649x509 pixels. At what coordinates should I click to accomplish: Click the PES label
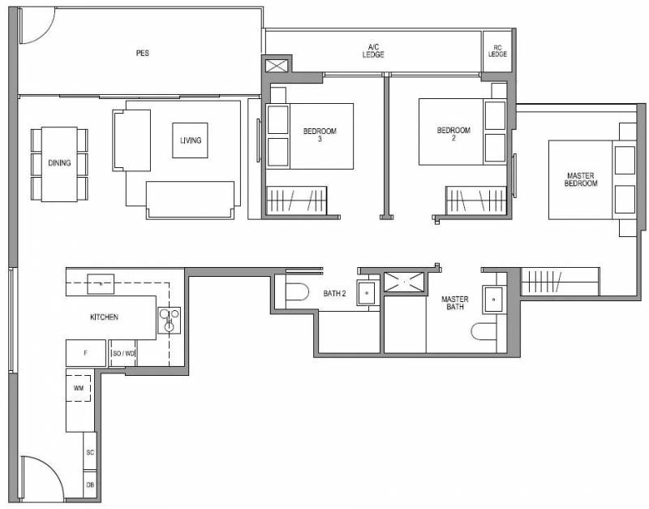click(143, 53)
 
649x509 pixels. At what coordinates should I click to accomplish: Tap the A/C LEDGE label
click(373, 51)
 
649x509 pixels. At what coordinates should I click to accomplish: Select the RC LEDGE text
click(497, 51)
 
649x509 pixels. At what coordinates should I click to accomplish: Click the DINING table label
click(59, 162)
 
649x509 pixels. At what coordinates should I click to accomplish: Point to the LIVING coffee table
click(190, 140)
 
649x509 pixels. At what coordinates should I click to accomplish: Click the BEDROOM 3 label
click(320, 135)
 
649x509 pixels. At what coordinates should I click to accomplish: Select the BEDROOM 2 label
click(453, 134)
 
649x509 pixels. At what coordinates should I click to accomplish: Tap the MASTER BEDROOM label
click(581, 179)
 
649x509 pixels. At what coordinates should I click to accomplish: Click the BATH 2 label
click(334, 294)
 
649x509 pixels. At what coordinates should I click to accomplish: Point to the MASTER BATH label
click(455, 303)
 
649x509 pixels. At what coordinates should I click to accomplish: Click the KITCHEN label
click(104, 317)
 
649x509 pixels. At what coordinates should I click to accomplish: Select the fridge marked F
click(86, 353)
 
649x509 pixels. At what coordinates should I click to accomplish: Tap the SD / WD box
click(123, 353)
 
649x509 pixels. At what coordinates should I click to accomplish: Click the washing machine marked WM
click(79, 388)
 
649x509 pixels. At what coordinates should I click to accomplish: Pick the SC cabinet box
click(90, 452)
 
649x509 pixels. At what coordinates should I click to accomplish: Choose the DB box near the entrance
click(90, 485)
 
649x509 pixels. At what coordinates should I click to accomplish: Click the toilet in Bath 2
click(297, 291)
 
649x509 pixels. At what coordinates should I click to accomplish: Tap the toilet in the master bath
click(484, 331)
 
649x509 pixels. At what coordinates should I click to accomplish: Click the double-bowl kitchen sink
click(170, 320)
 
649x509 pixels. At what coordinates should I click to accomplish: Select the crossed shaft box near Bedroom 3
click(276, 66)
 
